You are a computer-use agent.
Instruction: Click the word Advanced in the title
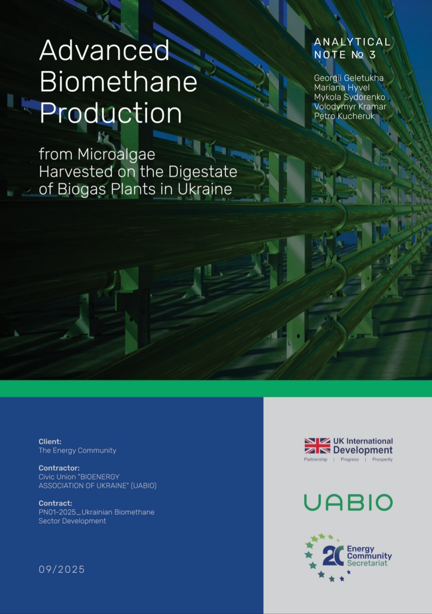pyautogui.click(x=104, y=50)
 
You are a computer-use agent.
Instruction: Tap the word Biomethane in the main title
pyautogui.click(x=118, y=82)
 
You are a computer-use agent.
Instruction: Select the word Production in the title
pyautogui.click(x=111, y=113)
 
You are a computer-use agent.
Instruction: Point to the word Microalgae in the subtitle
pyautogui.click(x=116, y=154)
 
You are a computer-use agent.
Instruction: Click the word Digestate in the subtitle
pyautogui.click(x=203, y=172)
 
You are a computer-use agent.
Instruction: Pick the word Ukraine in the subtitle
pyautogui.click(x=205, y=189)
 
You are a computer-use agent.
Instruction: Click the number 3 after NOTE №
pyautogui.click(x=372, y=55)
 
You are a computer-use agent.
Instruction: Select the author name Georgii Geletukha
pyautogui.click(x=348, y=78)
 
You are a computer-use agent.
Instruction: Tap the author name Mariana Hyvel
pyautogui.click(x=342, y=88)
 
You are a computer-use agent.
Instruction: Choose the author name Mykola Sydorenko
pyautogui.click(x=349, y=97)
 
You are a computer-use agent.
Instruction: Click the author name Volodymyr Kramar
pyautogui.click(x=350, y=107)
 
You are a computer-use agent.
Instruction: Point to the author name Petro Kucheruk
pyautogui.click(x=344, y=116)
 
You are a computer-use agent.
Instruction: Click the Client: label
pyautogui.click(x=50, y=441)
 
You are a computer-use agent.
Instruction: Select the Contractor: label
pyautogui.click(x=59, y=468)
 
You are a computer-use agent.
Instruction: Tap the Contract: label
pyautogui.click(x=55, y=503)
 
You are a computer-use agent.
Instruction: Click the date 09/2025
pyautogui.click(x=62, y=569)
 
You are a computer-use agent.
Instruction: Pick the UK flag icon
pyautogui.click(x=317, y=445)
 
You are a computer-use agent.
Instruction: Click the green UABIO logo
pyautogui.click(x=348, y=502)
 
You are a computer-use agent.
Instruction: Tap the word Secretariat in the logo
pyautogui.click(x=367, y=563)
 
